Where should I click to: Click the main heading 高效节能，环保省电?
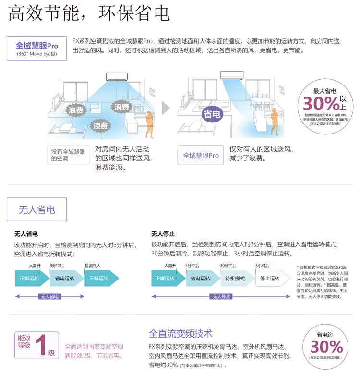pyautogui.click(x=89, y=13)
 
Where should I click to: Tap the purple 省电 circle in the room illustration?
pyautogui.click(x=212, y=114)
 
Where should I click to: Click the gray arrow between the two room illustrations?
pyautogui.click(x=166, y=108)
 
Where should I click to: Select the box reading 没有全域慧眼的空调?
pyautogui.click(x=68, y=155)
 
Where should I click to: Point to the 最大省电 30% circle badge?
pyautogui.click(x=324, y=104)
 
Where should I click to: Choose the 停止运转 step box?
pyautogui.click(x=270, y=279)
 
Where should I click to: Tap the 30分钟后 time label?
pyautogui.click(x=228, y=266)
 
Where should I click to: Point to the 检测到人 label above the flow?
pyautogui.click(x=92, y=266)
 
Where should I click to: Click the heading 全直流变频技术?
pyautogui.click(x=180, y=333)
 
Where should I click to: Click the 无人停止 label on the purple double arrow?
pyautogui.click(x=220, y=296)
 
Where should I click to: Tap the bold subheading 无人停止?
pyautogui.click(x=163, y=234)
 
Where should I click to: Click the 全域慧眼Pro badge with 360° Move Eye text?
pyautogui.click(x=36, y=49)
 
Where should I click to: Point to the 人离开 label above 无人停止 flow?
pyautogui.click(x=170, y=266)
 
